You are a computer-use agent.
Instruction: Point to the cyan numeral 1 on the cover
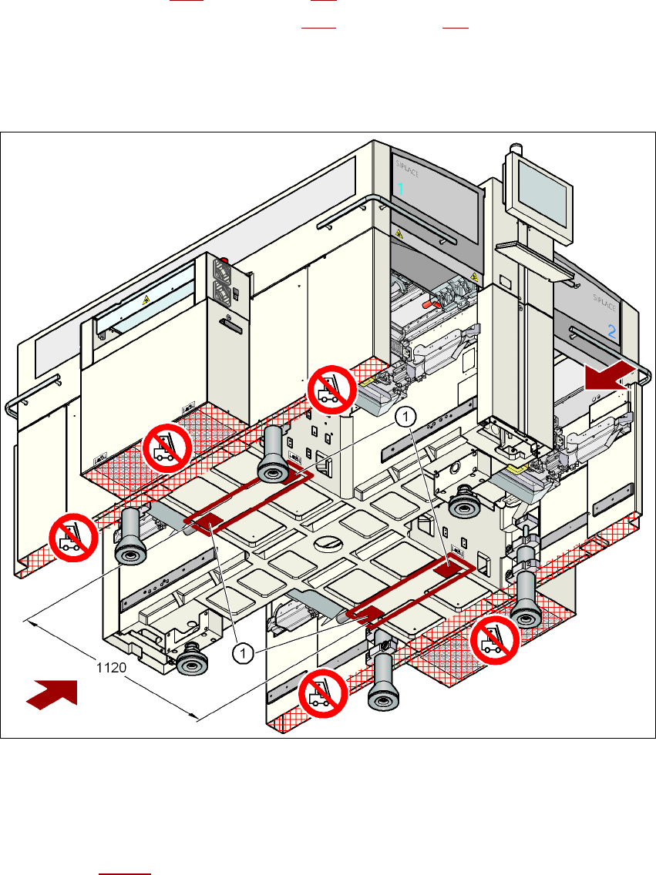(x=400, y=189)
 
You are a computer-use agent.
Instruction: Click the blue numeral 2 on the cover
(x=611, y=332)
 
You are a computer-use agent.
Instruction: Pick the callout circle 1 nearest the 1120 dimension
(x=243, y=653)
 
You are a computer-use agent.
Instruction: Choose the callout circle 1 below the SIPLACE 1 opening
(x=405, y=417)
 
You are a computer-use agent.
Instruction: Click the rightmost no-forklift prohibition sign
(x=495, y=639)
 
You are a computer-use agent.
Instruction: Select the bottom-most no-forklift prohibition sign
(x=323, y=693)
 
